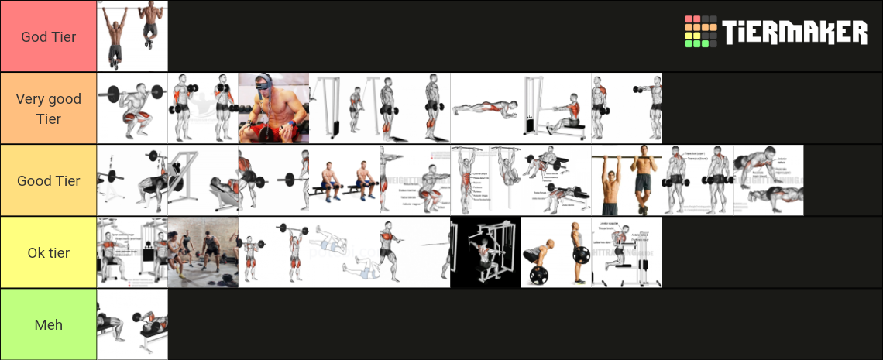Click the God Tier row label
(48, 36)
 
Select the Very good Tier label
(48, 108)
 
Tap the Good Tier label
(48, 180)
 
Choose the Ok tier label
(48, 252)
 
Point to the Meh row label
(48, 324)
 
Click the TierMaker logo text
(795, 33)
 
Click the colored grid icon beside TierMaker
(700, 33)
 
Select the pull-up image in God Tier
(132, 36)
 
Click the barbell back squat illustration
(132, 108)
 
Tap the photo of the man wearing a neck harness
(273, 108)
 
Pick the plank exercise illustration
(486, 108)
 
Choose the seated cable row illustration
(556, 108)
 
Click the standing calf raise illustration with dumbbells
(415, 108)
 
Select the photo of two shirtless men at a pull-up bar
(627, 180)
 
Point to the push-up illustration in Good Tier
(768, 180)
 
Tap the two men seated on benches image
(344, 180)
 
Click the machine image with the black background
(486, 252)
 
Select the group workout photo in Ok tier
(203, 252)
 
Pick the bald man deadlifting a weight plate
(556, 252)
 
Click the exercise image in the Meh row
(132, 324)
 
